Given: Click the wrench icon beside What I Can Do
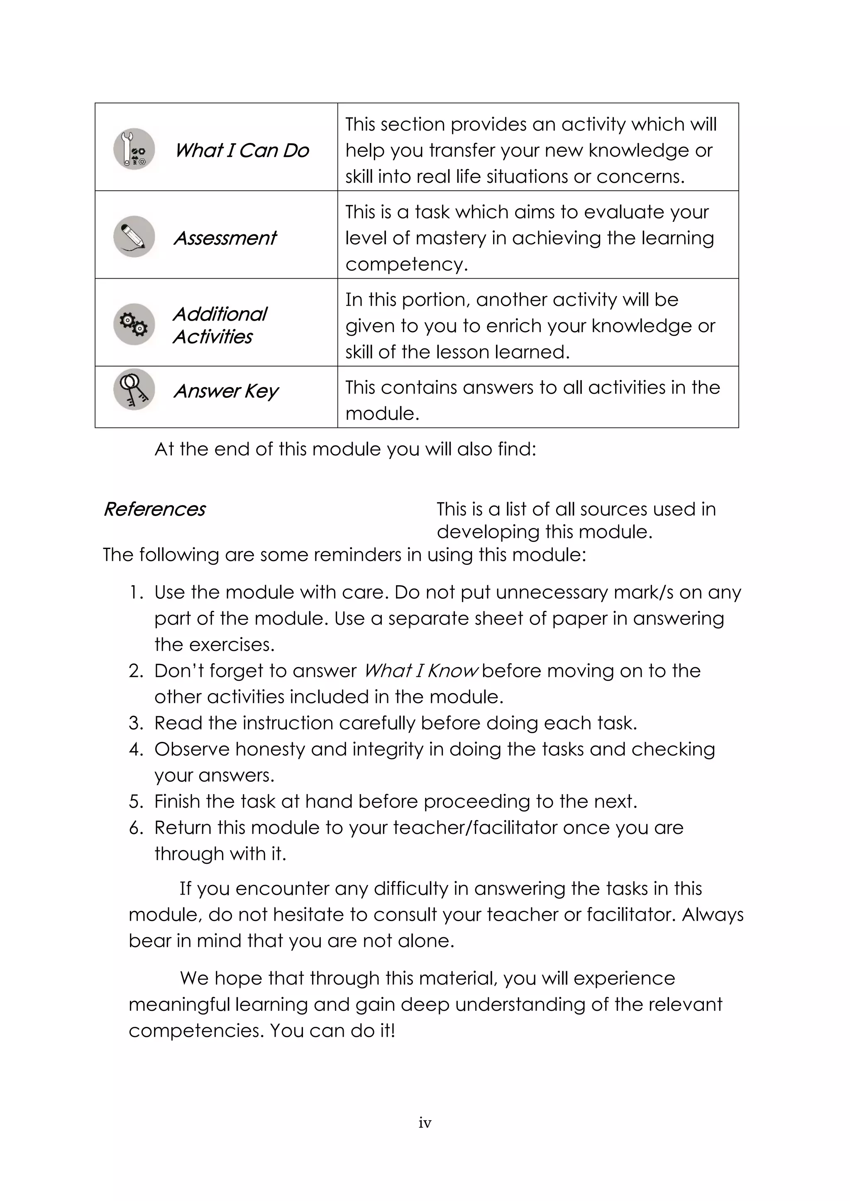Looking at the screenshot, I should point(134,149).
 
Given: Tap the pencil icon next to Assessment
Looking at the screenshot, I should point(134,236).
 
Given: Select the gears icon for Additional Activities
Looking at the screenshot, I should point(134,324).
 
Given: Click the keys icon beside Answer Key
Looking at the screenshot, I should point(134,390).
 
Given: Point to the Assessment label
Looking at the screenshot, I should point(225,238).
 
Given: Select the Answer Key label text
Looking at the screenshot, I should point(226,391).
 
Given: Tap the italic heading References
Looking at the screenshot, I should point(154,509).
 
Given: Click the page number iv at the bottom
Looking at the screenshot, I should point(425,1123).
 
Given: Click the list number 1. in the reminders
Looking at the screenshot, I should point(136,593).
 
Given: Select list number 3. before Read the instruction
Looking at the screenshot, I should point(136,723).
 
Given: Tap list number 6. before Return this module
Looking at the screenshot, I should point(136,828).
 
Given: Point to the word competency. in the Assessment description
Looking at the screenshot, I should point(406,265).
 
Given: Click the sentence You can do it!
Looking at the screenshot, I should point(332,1031).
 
